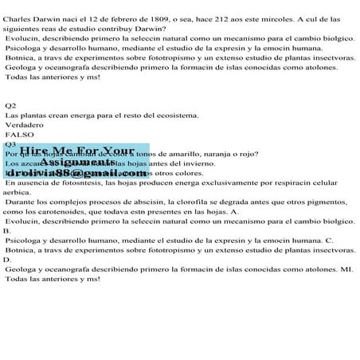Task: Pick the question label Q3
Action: [x=11, y=144]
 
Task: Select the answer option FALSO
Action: [x=21, y=135]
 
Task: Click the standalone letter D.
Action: [x=7, y=260]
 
